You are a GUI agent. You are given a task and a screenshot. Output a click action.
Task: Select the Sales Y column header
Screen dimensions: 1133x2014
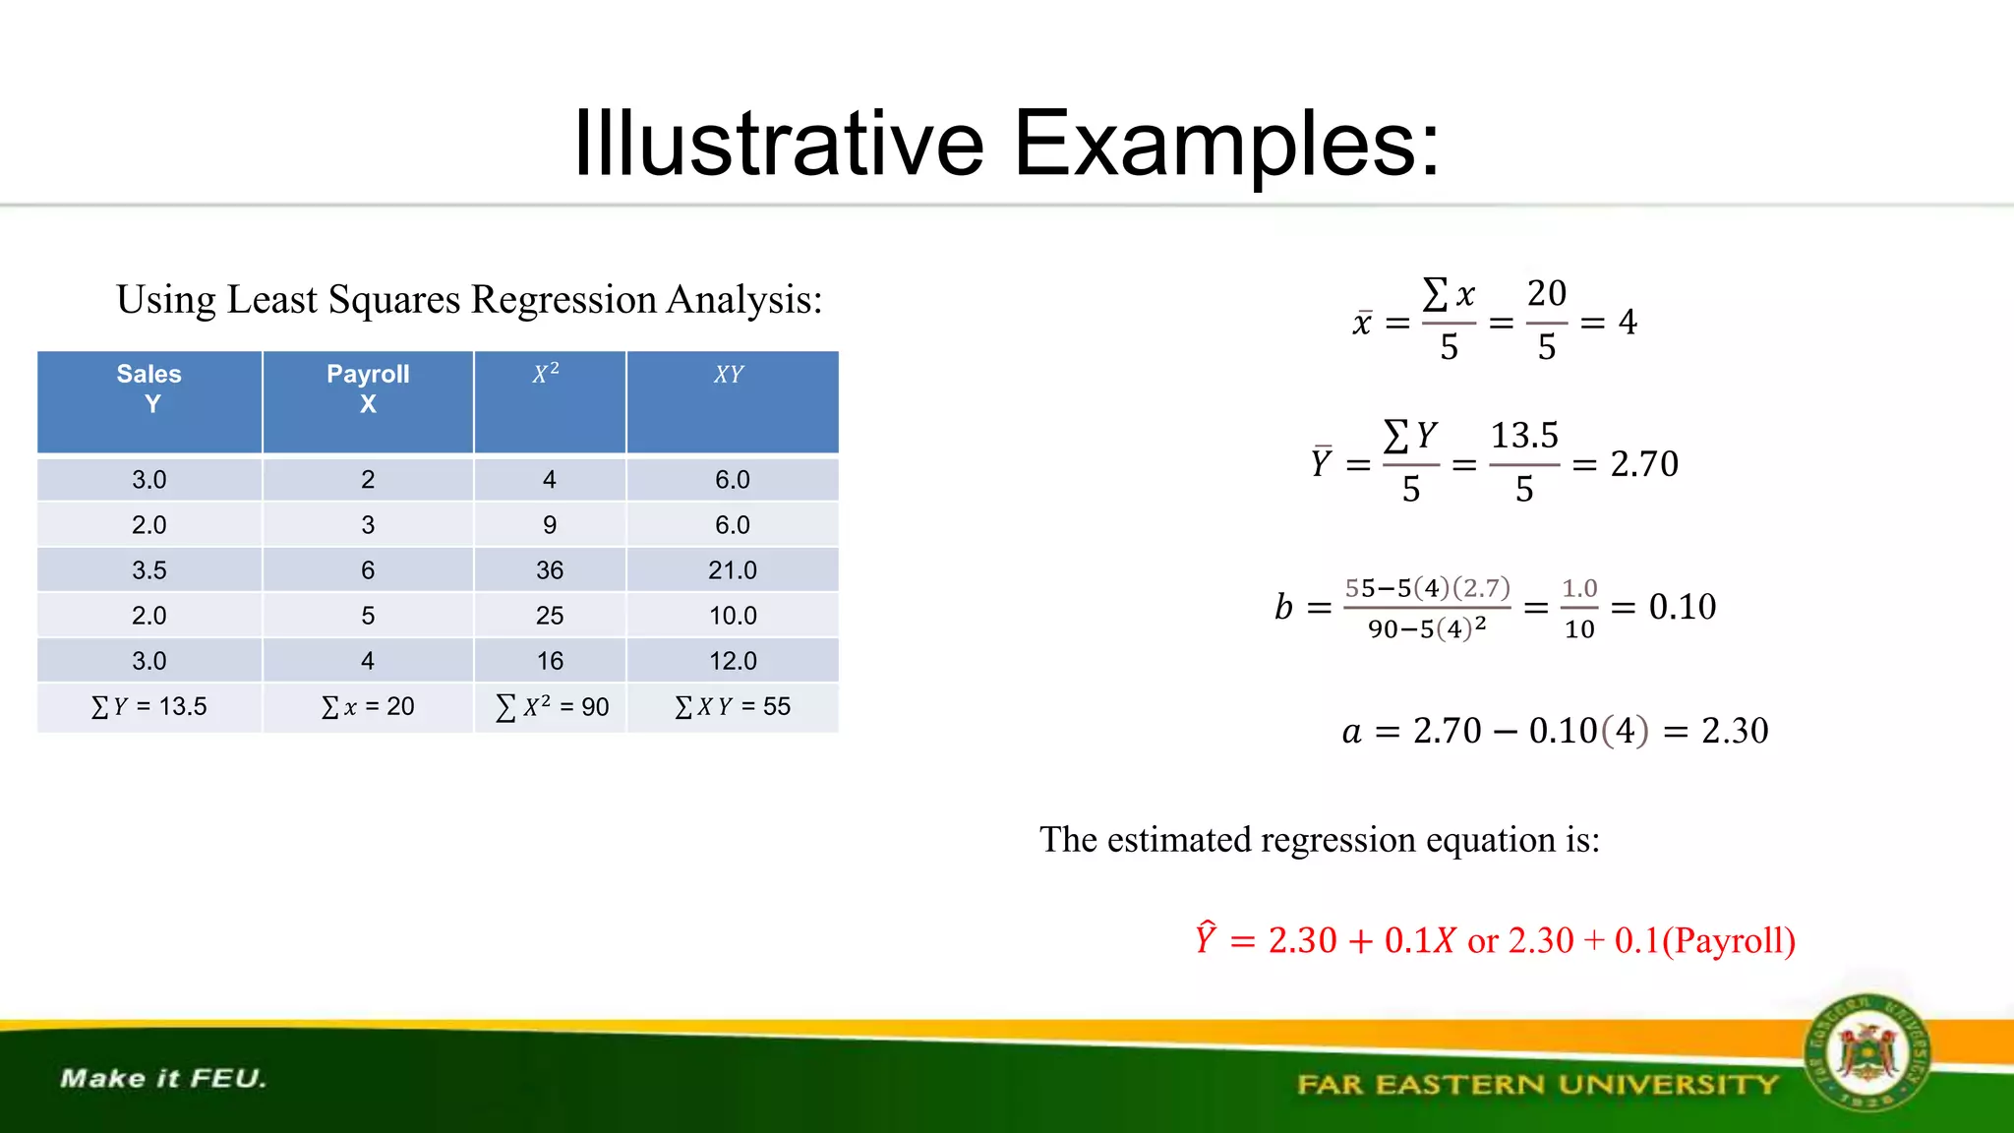pyautogui.click(x=149, y=389)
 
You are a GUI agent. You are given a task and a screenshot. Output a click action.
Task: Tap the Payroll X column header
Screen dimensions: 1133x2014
pyautogui.click(x=368, y=389)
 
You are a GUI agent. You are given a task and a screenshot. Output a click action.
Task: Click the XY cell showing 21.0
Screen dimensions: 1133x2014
pyautogui.click(x=733, y=570)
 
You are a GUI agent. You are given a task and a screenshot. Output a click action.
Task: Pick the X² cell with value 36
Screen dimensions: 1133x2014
pyautogui.click(x=550, y=570)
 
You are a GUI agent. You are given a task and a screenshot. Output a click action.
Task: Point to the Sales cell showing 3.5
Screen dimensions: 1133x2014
pyautogui.click(x=149, y=570)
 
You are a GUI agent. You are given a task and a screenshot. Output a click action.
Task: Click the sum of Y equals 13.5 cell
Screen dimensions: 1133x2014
pyautogui.click(x=149, y=706)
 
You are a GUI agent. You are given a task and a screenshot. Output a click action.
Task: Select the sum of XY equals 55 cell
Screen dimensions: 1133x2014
pyautogui.click(x=733, y=706)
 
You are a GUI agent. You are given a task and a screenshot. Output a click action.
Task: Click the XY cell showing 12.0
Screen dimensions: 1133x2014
pyautogui.click(x=733, y=661)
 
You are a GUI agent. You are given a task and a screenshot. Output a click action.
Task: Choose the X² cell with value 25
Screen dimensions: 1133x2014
pyautogui.click(x=550, y=616)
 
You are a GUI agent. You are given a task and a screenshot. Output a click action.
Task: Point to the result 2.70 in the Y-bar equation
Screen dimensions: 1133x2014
pyautogui.click(x=1644, y=463)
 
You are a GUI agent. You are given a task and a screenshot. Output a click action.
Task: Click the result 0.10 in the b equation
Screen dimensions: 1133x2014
pyautogui.click(x=1683, y=607)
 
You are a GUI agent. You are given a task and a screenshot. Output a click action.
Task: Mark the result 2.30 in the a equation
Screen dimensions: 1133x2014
pyautogui.click(x=1735, y=731)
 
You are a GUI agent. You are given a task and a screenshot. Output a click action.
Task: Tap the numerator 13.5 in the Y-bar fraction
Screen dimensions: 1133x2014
pyautogui.click(x=1524, y=435)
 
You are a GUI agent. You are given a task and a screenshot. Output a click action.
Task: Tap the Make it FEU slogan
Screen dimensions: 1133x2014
pyautogui.click(x=163, y=1079)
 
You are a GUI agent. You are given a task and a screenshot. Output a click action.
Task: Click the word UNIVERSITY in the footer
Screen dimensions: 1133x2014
pyautogui.click(x=1669, y=1085)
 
